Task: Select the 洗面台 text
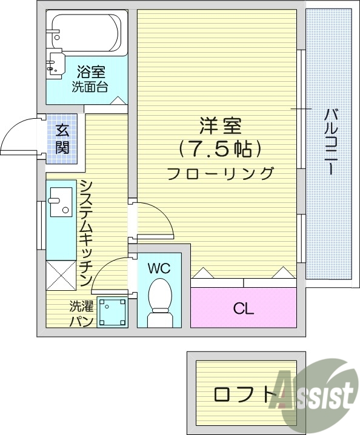coord(90,86)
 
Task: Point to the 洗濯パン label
coord(81,313)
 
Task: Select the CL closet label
coord(244,308)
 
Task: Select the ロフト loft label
coord(242,394)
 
